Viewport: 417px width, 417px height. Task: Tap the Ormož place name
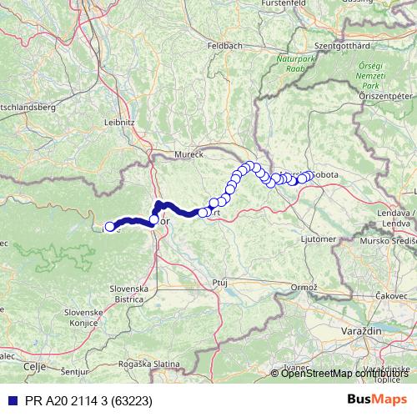[x=303, y=287]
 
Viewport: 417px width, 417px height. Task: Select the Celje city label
[x=33, y=366]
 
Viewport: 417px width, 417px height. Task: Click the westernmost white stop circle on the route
[x=109, y=226]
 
